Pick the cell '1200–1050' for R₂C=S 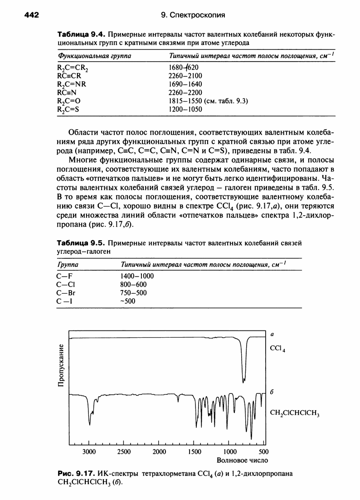185,109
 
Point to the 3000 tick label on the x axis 89,452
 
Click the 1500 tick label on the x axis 195,452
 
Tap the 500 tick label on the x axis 264,452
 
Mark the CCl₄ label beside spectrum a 277,350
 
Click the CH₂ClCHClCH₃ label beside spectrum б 295,413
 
